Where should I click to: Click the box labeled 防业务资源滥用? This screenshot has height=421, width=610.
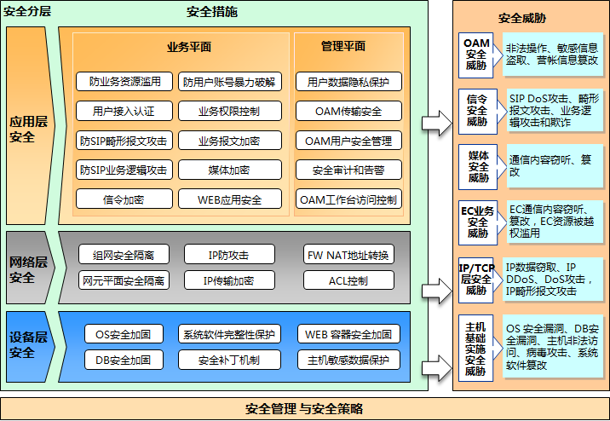[x=124, y=82]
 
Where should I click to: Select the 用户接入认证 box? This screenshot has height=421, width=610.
[x=124, y=111]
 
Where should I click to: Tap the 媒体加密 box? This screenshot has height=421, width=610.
[x=228, y=170]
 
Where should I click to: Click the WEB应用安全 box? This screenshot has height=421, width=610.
[x=228, y=199]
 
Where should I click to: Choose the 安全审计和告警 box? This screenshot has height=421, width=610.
[x=348, y=170]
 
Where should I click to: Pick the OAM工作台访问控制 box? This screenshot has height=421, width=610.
[x=348, y=199]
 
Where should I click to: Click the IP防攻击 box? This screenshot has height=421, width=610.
[x=228, y=254]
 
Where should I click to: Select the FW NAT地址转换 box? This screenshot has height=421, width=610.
[x=348, y=254]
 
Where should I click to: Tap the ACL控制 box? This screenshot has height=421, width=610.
[x=348, y=280]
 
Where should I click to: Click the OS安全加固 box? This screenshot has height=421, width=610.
[x=124, y=334]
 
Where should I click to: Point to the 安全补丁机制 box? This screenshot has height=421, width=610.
[x=228, y=360]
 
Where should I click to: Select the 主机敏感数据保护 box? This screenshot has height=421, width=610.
[x=348, y=360]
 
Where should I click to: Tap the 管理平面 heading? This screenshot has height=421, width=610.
[x=343, y=47]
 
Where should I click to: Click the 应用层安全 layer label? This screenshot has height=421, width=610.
[x=28, y=128]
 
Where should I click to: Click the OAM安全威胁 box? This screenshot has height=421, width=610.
[x=477, y=54]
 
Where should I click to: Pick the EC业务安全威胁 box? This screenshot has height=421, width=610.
[x=477, y=222]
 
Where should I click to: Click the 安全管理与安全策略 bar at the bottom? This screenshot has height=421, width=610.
[x=304, y=407]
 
